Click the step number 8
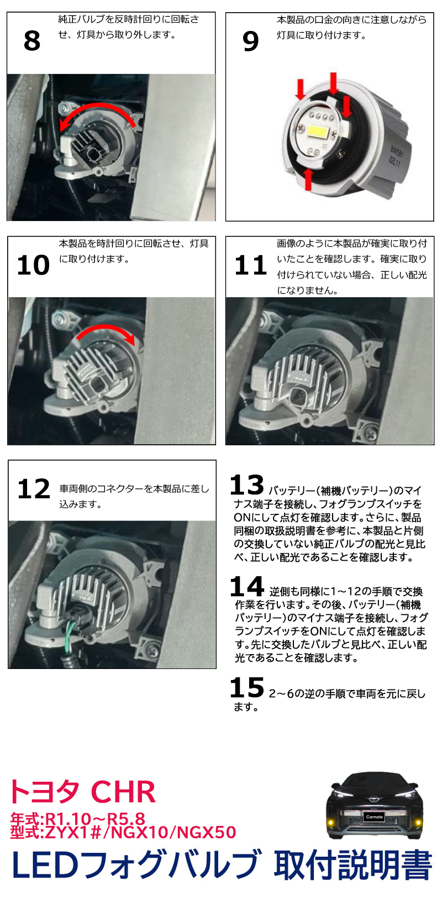(32, 41)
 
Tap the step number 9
(250, 41)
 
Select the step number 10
(33, 265)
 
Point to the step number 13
(246, 486)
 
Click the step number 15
(246, 688)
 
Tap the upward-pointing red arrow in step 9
(309, 179)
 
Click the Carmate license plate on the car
(374, 817)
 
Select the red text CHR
(123, 792)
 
